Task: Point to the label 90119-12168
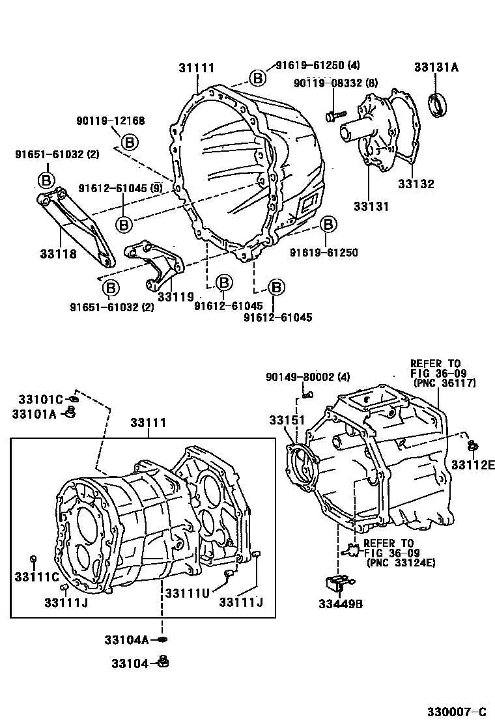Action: point(110,120)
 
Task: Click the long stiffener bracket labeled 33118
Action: point(75,225)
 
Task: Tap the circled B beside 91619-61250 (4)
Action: point(257,78)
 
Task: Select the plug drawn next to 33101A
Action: point(72,412)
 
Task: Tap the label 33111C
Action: point(37,577)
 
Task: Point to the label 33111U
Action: point(187,592)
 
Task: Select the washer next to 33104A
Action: point(162,640)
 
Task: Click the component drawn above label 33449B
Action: point(339,581)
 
